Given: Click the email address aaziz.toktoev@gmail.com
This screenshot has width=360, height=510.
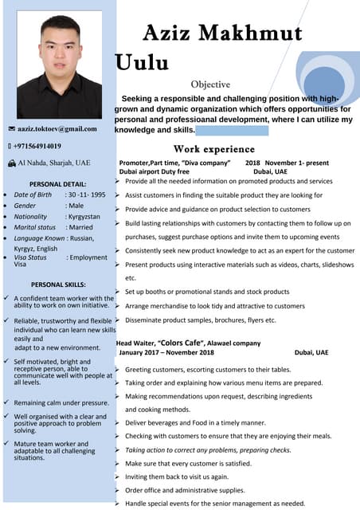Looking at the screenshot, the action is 57,128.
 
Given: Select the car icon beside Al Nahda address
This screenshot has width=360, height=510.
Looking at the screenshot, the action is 11,163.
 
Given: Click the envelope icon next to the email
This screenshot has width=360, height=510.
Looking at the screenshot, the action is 11,128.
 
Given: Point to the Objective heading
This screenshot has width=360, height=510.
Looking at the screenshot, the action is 210,84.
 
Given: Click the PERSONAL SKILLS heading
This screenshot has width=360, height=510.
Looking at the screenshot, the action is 58,284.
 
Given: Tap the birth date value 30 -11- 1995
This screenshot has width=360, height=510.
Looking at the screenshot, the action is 85,194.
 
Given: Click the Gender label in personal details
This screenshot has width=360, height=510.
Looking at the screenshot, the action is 25,206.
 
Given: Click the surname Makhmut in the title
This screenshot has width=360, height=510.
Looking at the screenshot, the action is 248,33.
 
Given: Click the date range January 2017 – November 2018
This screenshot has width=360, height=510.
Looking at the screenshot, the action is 166,352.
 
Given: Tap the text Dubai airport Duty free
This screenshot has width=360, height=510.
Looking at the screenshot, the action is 154,171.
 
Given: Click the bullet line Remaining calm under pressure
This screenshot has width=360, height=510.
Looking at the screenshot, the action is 61,403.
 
